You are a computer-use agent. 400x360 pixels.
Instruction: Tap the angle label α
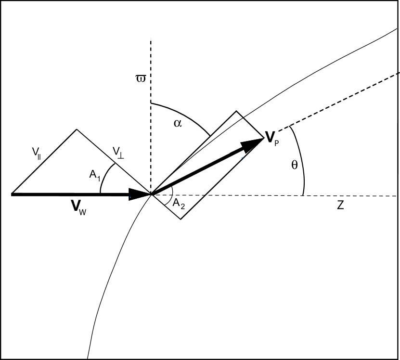178,123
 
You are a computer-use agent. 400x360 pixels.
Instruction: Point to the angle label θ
295,165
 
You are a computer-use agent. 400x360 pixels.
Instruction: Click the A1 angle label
95,176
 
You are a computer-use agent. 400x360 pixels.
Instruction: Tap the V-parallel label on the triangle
37,153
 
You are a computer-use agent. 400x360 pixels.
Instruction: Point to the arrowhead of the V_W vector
142,194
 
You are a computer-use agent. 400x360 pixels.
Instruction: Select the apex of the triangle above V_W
77,129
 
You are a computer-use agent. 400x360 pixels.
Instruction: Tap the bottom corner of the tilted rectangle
180,219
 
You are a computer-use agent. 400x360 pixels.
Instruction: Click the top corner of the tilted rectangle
236,112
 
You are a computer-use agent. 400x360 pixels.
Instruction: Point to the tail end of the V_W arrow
12,194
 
